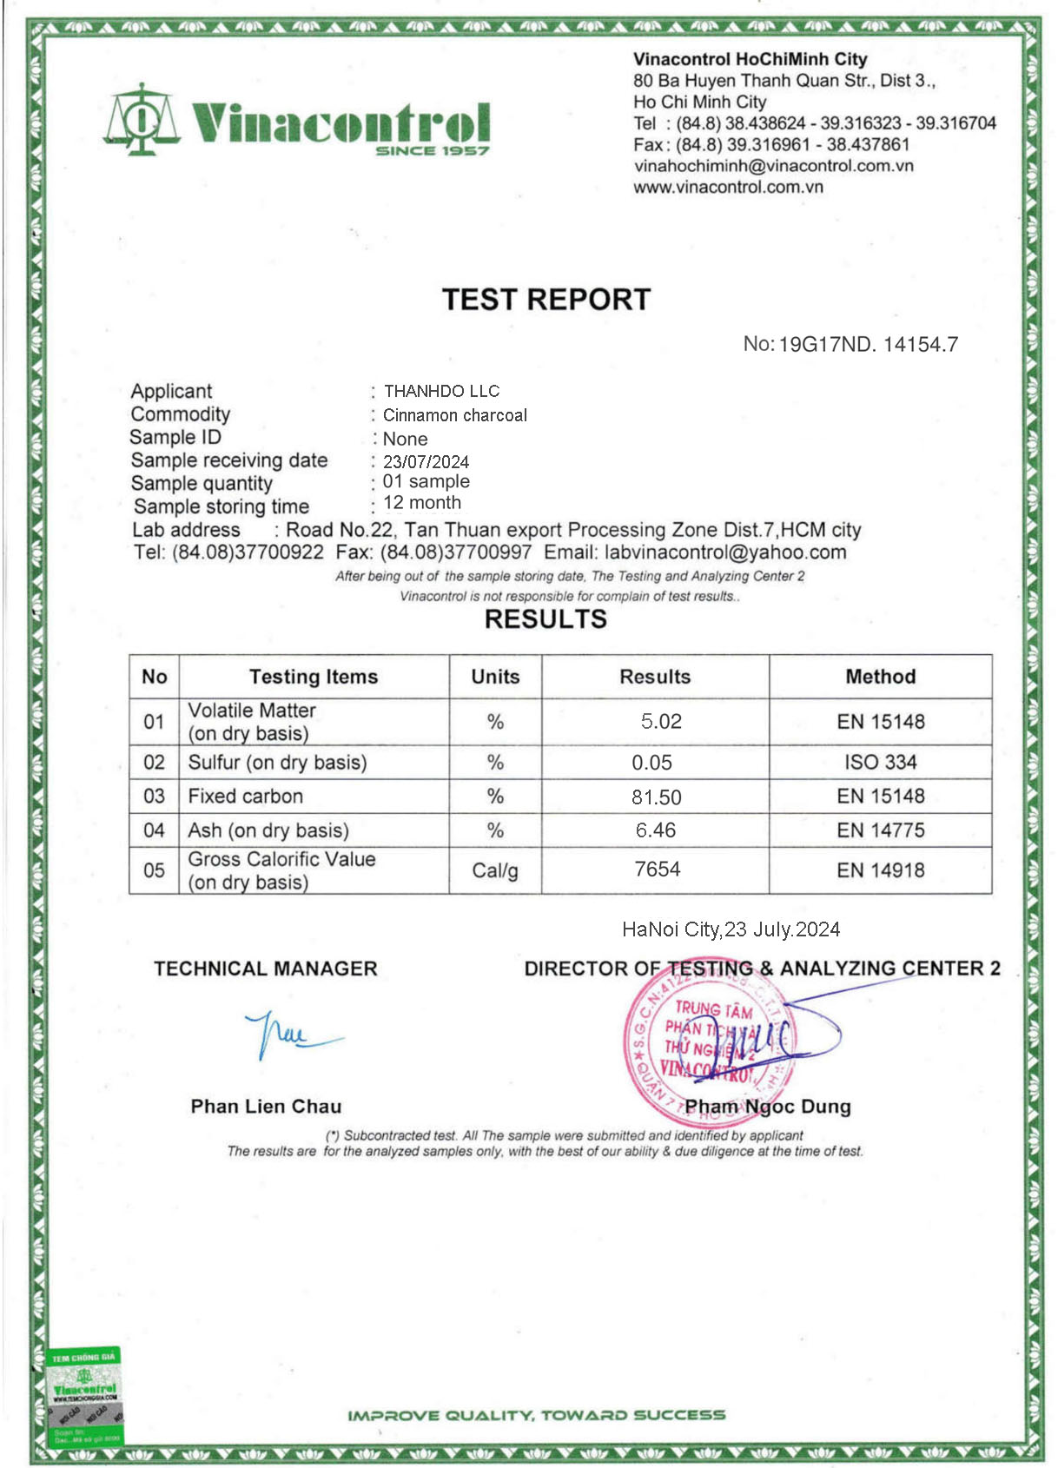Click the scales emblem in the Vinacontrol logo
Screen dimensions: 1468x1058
(x=141, y=120)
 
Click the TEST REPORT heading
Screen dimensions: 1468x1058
(x=546, y=300)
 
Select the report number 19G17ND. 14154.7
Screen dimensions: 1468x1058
(x=868, y=345)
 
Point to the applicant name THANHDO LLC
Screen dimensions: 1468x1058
(x=441, y=392)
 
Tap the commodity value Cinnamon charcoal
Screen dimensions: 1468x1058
(x=455, y=415)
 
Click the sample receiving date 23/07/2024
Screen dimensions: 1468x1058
(x=426, y=462)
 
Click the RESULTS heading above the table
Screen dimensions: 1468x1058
(x=546, y=619)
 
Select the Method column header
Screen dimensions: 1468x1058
(x=880, y=677)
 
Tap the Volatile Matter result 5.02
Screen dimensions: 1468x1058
(x=661, y=722)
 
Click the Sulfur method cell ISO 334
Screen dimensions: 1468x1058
(x=880, y=763)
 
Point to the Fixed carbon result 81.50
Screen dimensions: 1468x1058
(x=658, y=797)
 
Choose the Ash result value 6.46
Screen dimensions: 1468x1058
(x=656, y=830)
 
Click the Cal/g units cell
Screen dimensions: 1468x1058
(x=495, y=870)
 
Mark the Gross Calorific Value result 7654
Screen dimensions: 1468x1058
(x=658, y=870)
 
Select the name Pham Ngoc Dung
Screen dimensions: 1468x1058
(x=768, y=1107)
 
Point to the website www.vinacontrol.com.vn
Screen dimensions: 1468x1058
(x=728, y=187)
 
